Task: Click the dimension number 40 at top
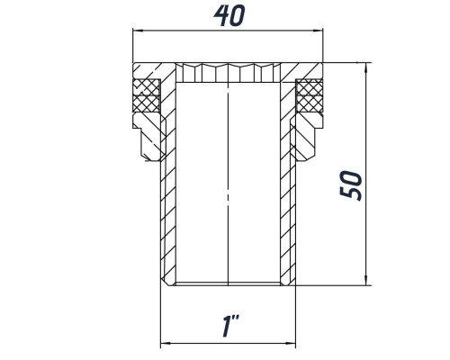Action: [229, 15]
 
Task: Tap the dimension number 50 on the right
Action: [351, 185]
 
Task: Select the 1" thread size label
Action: [230, 326]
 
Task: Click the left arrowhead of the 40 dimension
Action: [137, 31]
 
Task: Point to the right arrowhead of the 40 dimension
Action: [318, 31]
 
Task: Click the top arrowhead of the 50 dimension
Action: [365, 67]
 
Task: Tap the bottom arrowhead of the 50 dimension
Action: [365, 281]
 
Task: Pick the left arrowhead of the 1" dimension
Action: [166, 343]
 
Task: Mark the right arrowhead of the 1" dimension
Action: [291, 343]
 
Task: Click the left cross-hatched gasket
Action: [146, 95]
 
